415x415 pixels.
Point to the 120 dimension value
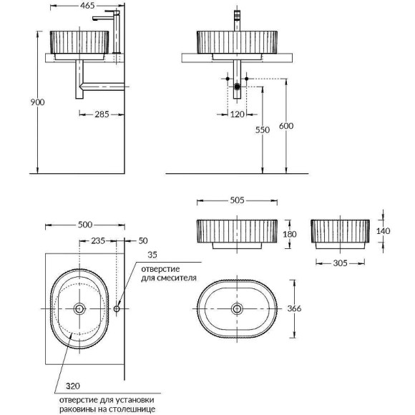pos(237,113)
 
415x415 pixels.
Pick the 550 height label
pos(263,130)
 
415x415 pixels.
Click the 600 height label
pos(287,126)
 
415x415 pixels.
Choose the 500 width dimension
pos(86,224)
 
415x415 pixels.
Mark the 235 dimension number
pos(98,242)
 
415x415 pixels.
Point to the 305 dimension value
pos(340,263)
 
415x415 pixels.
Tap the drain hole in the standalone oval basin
pos(236,308)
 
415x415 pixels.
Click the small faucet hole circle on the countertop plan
pos(117,308)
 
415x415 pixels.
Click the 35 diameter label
pos(152,254)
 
